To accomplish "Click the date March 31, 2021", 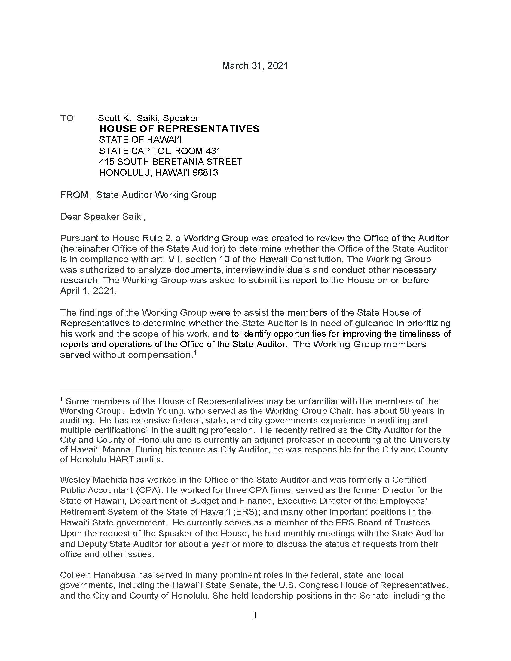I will (x=255, y=66).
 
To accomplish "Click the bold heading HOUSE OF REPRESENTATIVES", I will (x=179, y=129).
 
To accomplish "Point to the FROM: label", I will (x=75, y=195).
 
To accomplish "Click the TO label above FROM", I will (x=67, y=118).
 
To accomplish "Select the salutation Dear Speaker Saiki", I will (x=103, y=217).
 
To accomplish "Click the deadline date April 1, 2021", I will (x=88, y=291).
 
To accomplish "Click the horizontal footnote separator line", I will (x=120, y=391).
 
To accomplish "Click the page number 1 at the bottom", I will (x=255, y=615).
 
